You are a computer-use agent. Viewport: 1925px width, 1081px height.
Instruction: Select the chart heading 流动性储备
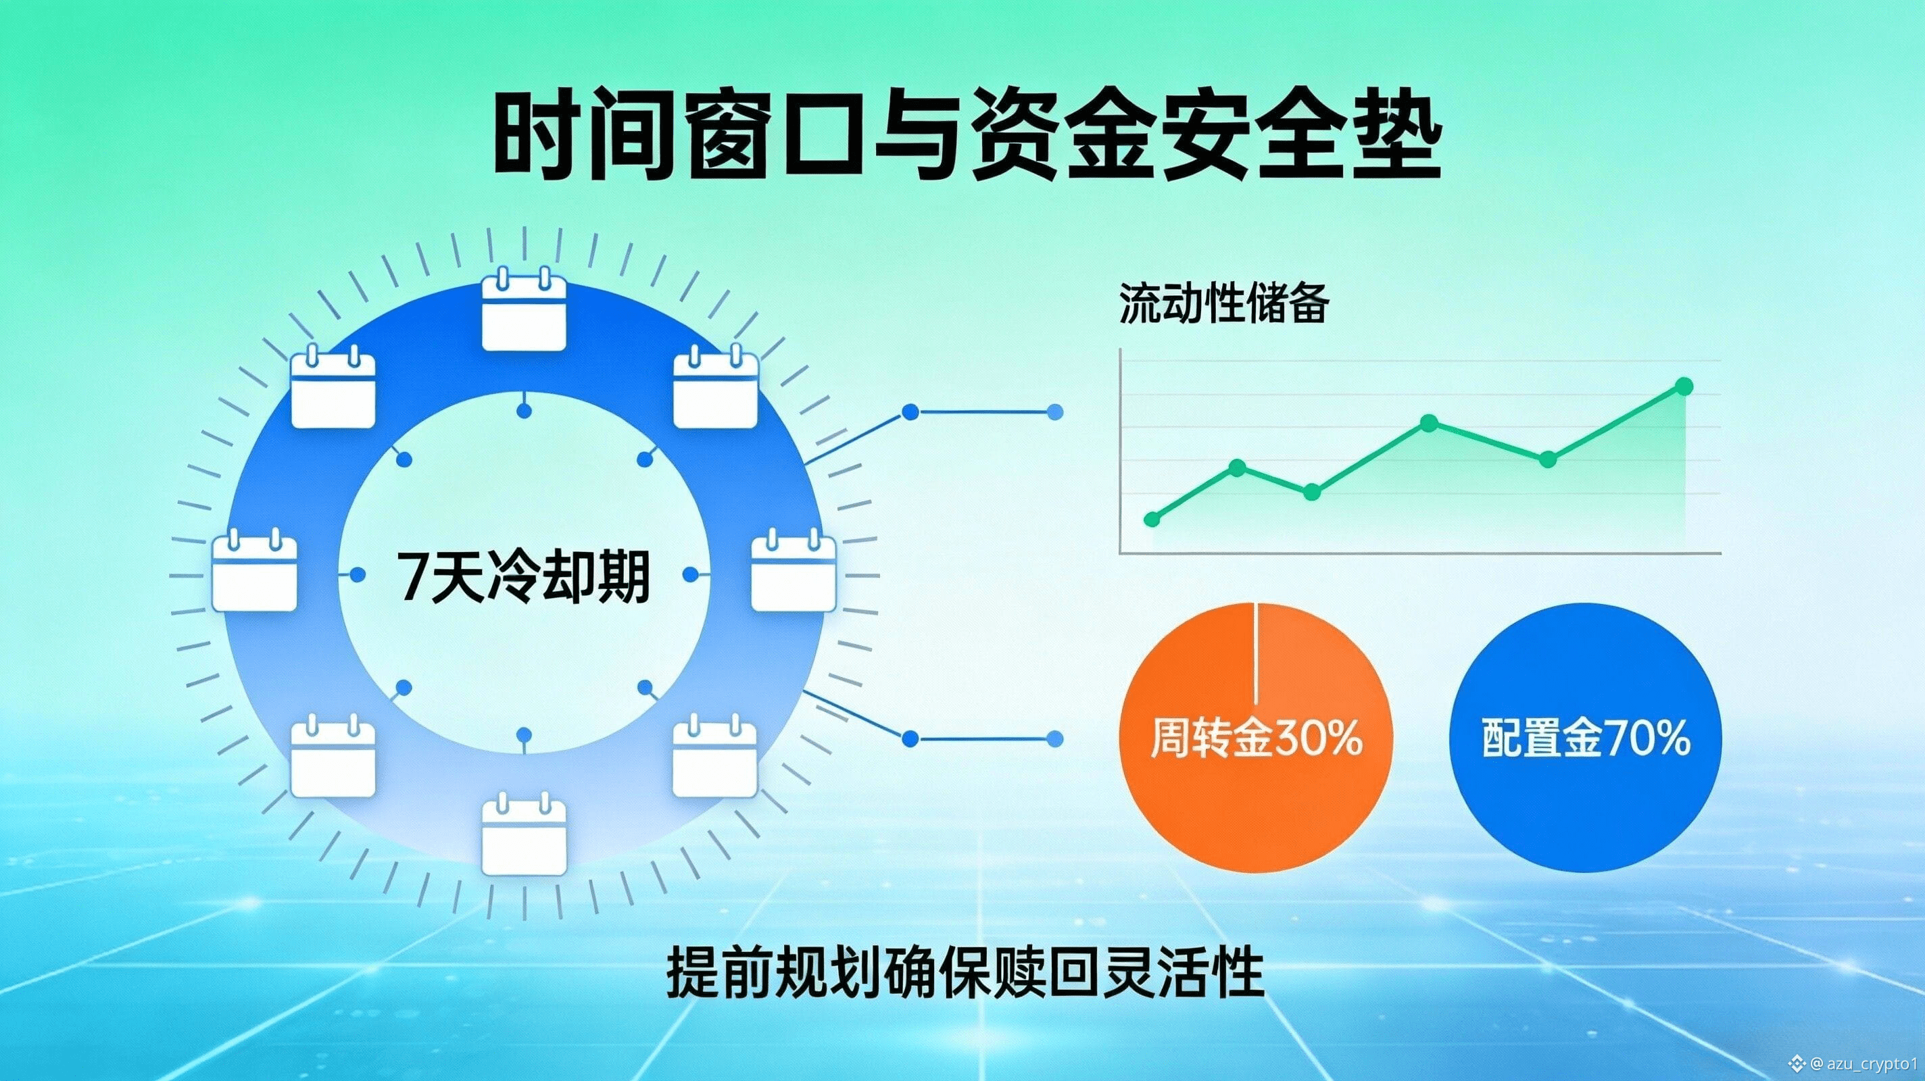(x=1224, y=304)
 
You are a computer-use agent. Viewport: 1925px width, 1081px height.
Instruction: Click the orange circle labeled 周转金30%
(x=1256, y=737)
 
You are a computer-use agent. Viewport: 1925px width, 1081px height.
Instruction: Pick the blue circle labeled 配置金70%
(x=1586, y=737)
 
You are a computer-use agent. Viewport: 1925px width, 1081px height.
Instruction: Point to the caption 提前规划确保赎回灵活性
(x=965, y=973)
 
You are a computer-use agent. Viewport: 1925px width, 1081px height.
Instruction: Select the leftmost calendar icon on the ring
(x=255, y=571)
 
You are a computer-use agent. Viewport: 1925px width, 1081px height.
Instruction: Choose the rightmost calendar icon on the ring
(x=793, y=571)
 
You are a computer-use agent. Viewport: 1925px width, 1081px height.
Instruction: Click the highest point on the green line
(x=1684, y=386)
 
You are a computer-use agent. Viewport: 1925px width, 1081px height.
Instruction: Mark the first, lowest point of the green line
(x=1152, y=519)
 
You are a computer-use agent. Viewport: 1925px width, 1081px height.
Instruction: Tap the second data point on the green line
(x=1237, y=468)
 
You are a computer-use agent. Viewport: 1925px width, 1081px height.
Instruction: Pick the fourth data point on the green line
(x=1429, y=424)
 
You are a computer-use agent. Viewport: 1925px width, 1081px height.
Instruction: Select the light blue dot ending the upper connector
(x=1055, y=411)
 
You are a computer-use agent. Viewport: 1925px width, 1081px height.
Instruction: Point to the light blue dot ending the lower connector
(x=1055, y=739)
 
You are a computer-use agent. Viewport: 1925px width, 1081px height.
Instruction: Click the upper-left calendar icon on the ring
(x=333, y=387)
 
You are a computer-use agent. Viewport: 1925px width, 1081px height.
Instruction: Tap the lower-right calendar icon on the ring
(x=715, y=755)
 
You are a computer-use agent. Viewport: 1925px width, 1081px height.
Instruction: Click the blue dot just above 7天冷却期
(x=525, y=411)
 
